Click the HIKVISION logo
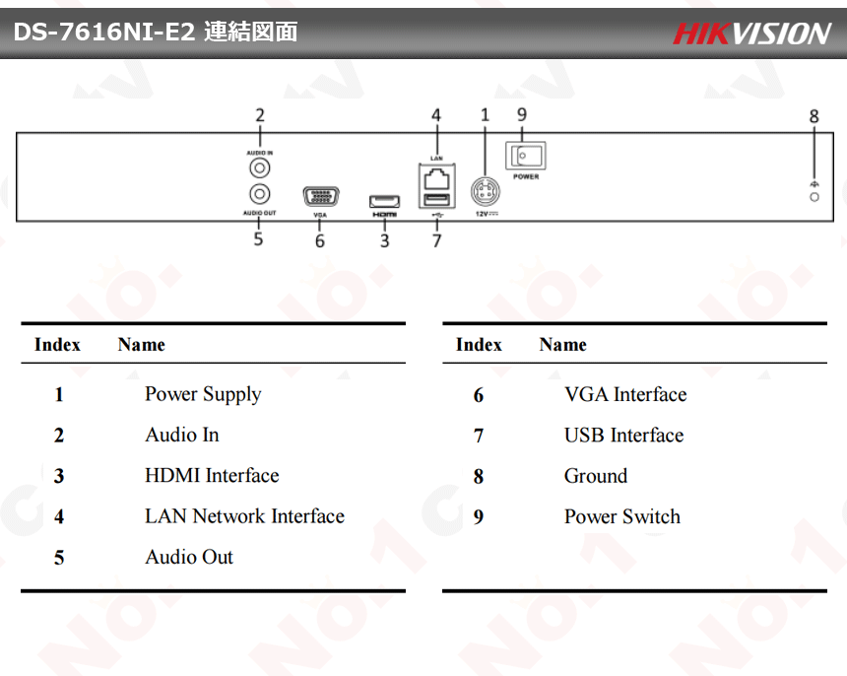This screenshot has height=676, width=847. click(x=751, y=34)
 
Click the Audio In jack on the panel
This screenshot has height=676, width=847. click(x=260, y=169)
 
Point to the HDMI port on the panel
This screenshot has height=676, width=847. click(x=384, y=201)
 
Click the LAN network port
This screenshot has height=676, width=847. click(x=436, y=179)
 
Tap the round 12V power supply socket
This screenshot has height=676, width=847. click(x=485, y=189)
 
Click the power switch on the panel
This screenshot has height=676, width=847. click(x=525, y=156)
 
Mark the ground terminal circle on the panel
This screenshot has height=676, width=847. click(x=814, y=198)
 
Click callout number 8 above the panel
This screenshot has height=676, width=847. click(x=814, y=116)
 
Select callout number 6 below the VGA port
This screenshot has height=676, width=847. click(x=320, y=240)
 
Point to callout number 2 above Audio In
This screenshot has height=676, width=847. click(x=260, y=115)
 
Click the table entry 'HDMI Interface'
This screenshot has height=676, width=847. click(x=212, y=476)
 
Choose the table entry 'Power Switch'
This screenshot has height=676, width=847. click(x=621, y=516)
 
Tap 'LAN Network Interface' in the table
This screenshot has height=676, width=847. click(x=244, y=516)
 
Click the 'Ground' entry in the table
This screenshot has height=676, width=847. click(x=595, y=476)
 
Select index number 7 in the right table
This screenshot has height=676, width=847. click(x=479, y=436)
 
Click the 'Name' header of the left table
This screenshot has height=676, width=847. click(x=141, y=345)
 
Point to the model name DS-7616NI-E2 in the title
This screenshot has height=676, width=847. click(x=104, y=33)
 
